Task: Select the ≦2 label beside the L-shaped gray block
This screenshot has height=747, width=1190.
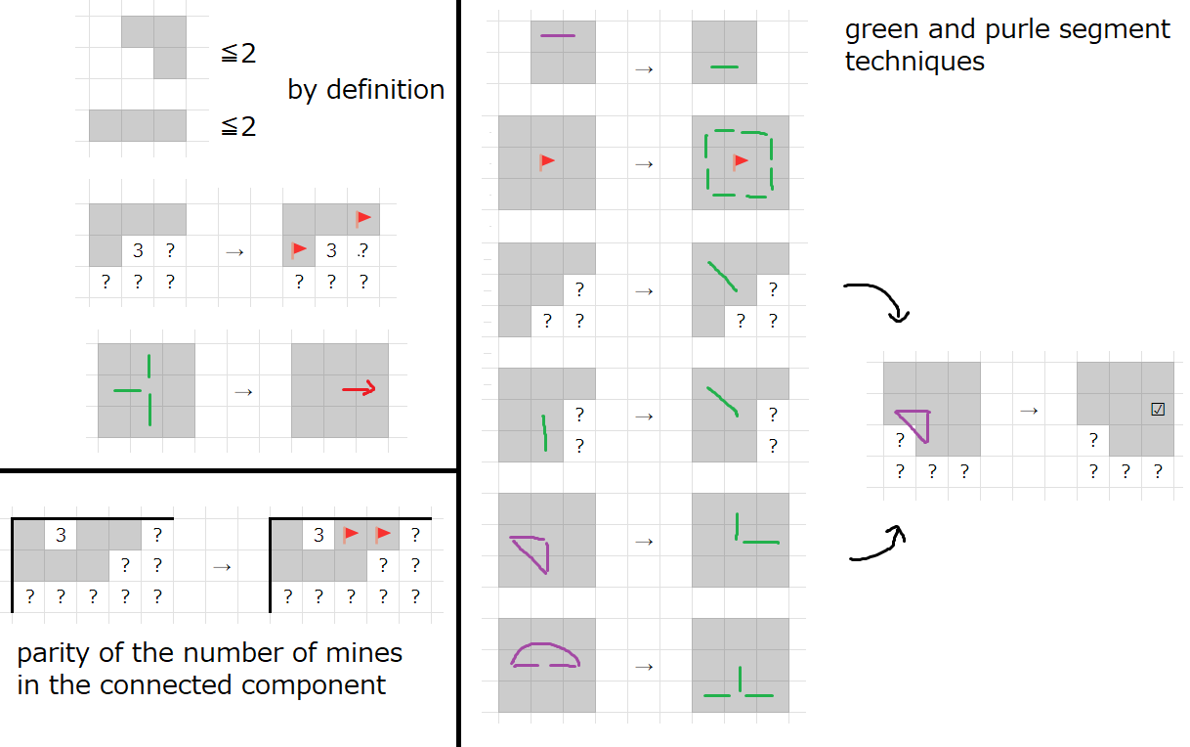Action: click(x=238, y=54)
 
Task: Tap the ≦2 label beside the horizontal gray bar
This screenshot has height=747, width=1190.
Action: click(x=238, y=126)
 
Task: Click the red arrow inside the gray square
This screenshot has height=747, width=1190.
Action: click(x=359, y=390)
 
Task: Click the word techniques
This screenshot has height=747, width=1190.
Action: click(x=914, y=62)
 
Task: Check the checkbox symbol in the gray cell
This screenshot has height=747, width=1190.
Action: click(x=1158, y=410)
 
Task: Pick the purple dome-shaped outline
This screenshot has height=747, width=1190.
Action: click(x=545, y=654)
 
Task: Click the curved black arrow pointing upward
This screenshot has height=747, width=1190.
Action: click(x=878, y=545)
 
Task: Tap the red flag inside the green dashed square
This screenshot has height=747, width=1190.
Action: click(x=741, y=161)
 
